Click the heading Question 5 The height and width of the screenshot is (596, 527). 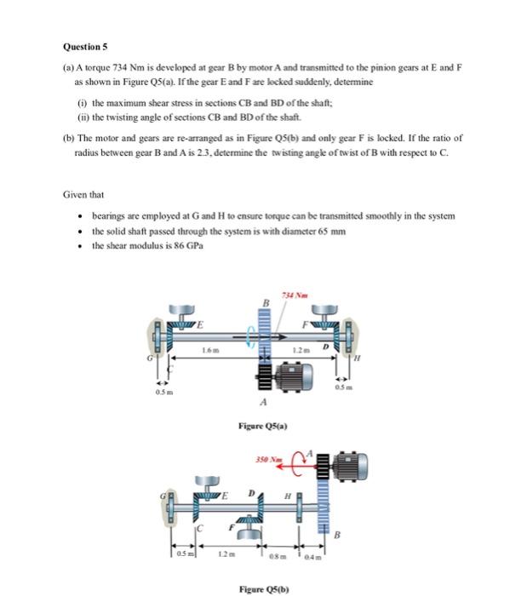87,48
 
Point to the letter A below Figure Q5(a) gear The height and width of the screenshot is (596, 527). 265,404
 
